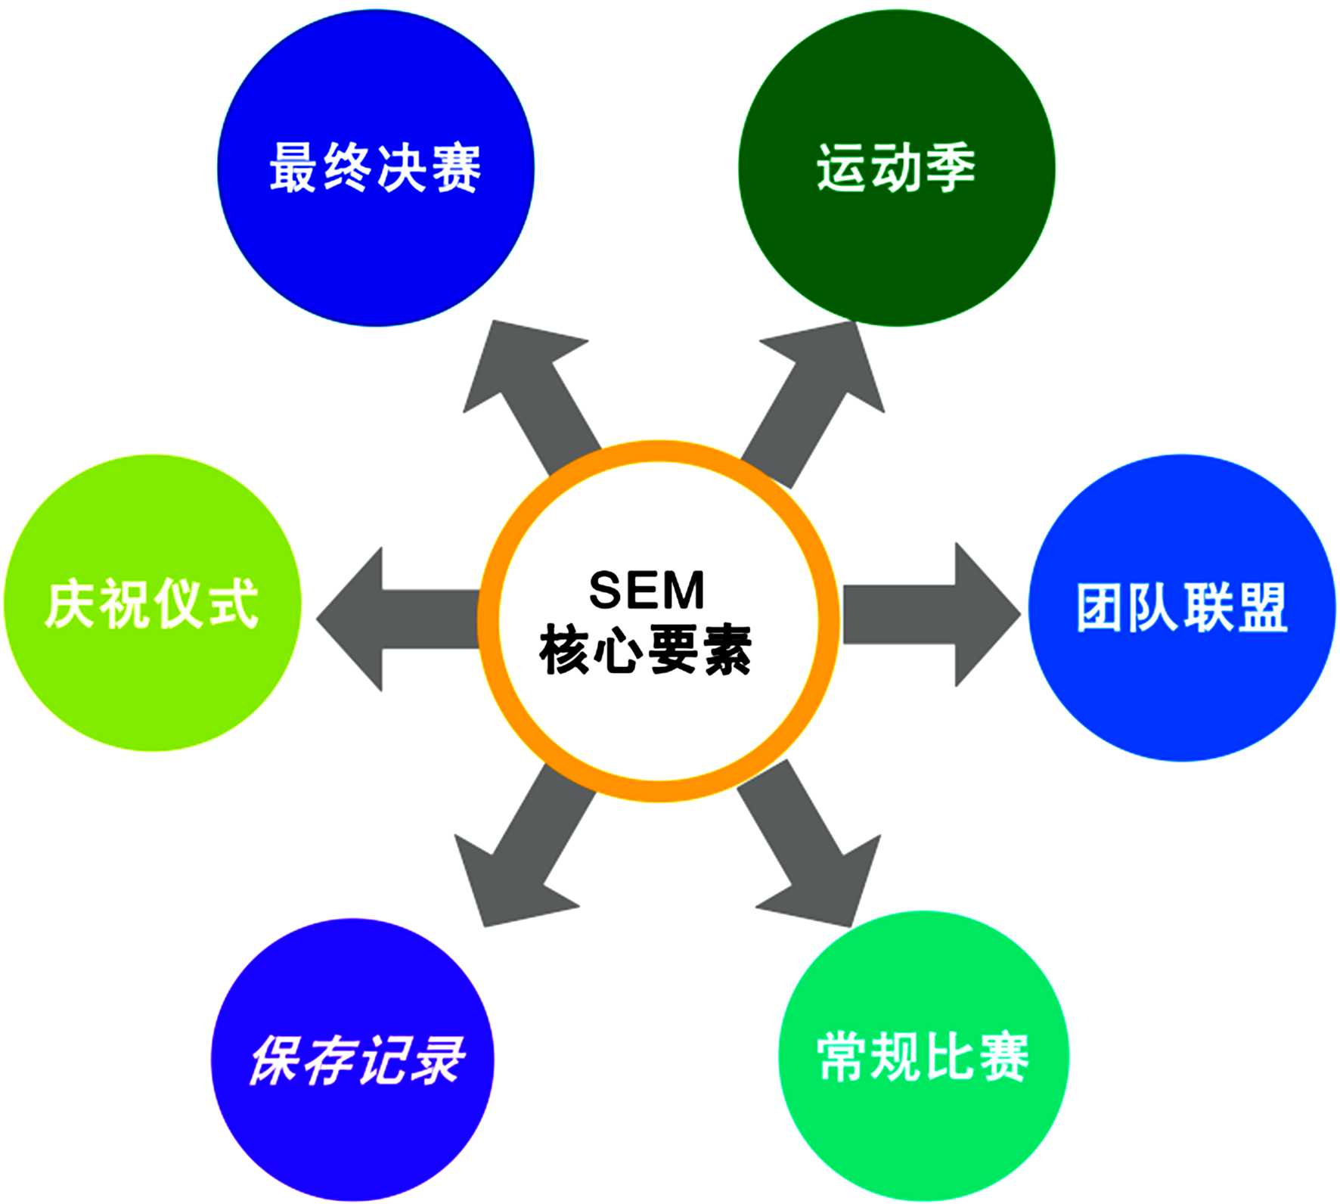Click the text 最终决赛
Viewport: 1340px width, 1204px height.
(375, 168)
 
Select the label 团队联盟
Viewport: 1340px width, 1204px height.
(1181, 607)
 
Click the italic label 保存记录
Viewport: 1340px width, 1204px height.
(355, 1060)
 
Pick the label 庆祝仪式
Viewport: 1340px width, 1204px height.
(151, 604)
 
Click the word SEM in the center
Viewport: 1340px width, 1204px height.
(647, 590)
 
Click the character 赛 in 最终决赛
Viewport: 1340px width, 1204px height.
(455, 168)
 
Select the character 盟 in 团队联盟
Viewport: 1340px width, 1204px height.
(1261, 607)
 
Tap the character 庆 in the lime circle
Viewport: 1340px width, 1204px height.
(70, 604)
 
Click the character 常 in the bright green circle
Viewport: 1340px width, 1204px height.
(843, 1057)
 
